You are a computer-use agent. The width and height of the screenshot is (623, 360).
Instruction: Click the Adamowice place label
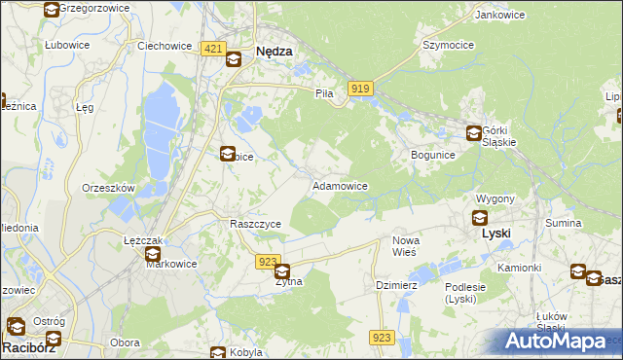[x=339, y=185]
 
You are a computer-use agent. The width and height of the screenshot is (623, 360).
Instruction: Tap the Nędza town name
[x=274, y=54]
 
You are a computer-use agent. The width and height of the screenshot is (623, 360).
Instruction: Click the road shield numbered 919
[x=359, y=89]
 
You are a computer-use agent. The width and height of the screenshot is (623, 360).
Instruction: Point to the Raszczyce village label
[x=255, y=224]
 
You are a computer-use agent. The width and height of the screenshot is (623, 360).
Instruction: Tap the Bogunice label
[x=433, y=155]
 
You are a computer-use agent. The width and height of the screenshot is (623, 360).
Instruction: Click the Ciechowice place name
[x=163, y=45]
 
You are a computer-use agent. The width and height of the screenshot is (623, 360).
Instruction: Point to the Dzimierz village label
[x=396, y=285]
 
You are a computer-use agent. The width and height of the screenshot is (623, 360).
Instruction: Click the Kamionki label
[x=518, y=267]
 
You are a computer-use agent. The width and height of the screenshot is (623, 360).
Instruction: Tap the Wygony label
[x=495, y=198]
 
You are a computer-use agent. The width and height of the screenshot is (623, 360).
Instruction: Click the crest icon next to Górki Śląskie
[x=474, y=133]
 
